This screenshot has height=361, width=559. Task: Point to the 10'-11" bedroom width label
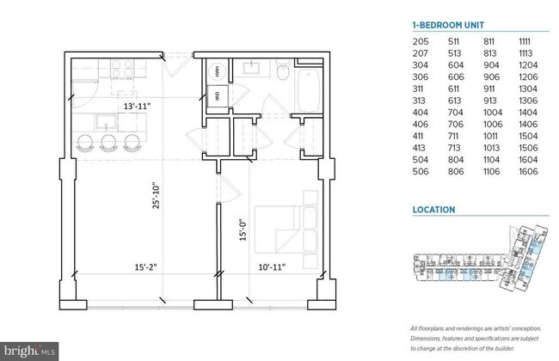[x=271, y=267]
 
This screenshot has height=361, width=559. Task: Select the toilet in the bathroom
[x=283, y=73]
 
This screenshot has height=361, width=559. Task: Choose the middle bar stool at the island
[x=108, y=143]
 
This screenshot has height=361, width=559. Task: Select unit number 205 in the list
[x=420, y=40]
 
